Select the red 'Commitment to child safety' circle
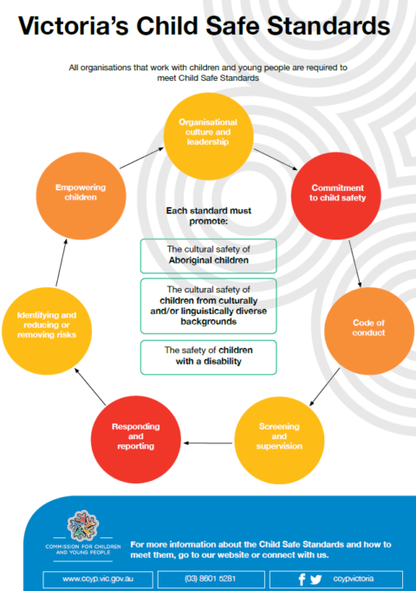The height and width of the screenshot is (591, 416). click(337, 193)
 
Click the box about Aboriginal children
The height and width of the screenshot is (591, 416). click(208, 255)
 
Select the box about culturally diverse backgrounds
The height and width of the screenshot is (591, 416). click(208, 305)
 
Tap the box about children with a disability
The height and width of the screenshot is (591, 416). click(208, 356)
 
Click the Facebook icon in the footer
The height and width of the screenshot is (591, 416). click(301, 578)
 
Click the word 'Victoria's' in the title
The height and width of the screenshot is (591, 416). click(65, 29)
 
